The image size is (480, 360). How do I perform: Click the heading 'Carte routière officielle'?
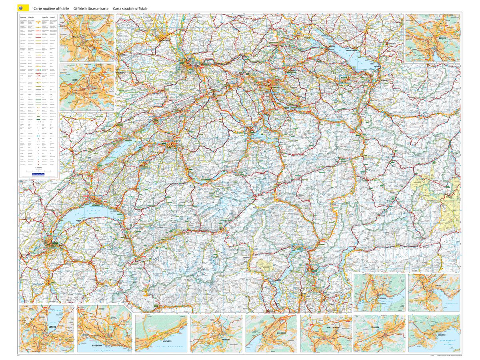pos(51,8)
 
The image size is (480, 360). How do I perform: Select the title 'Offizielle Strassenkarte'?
pos(91,8)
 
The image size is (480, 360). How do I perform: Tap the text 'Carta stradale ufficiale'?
pos(130,8)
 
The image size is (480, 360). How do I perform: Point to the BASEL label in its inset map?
pos(76,36)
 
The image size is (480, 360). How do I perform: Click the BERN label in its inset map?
pos(75,80)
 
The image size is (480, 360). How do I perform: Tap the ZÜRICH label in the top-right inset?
pos(442,38)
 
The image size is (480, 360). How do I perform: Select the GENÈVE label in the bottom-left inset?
pos(52,327)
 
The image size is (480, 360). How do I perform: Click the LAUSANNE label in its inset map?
pos(97,345)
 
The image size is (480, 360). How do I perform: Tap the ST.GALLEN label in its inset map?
pos(375,327)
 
